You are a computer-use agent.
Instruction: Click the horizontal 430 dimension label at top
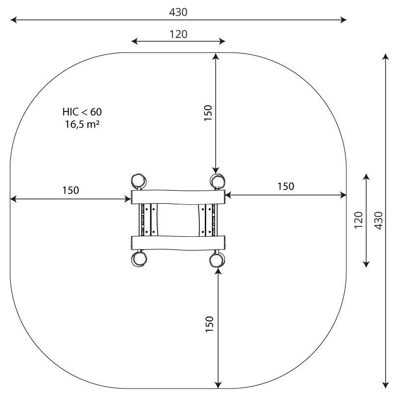(x=178, y=12)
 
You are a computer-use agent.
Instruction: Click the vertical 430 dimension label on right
(x=379, y=220)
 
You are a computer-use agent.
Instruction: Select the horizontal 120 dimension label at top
(x=178, y=34)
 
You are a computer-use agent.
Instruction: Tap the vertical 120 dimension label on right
(x=359, y=220)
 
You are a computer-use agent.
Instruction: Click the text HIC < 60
(x=82, y=112)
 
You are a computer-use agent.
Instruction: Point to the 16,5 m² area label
(x=82, y=124)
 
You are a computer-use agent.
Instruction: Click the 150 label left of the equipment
(x=70, y=191)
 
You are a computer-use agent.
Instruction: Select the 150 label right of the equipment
(x=286, y=187)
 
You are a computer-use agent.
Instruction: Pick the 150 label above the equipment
(x=208, y=113)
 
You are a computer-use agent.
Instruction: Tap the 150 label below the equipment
(x=210, y=324)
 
